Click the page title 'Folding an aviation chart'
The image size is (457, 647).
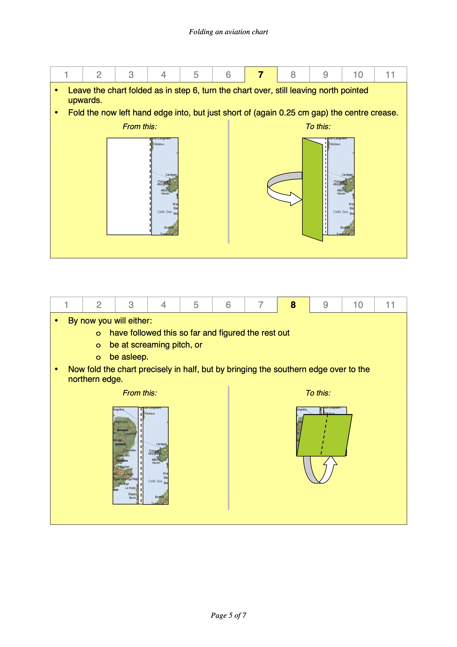point(228,32)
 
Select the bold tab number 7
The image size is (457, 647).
point(261,75)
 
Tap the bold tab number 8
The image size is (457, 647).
point(293,305)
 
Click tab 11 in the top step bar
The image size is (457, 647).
point(390,75)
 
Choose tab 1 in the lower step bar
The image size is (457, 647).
point(66,305)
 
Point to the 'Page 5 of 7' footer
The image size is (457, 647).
point(228,615)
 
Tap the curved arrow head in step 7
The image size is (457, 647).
point(296,199)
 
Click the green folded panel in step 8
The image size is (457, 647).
point(324,435)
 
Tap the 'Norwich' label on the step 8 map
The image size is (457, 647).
point(122,430)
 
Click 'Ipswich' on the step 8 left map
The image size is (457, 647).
point(120,444)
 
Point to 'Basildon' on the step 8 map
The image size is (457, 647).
point(122,461)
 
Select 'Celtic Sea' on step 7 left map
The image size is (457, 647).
point(164,212)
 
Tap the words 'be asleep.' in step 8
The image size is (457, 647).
point(129,357)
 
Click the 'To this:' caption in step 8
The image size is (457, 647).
point(318,393)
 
